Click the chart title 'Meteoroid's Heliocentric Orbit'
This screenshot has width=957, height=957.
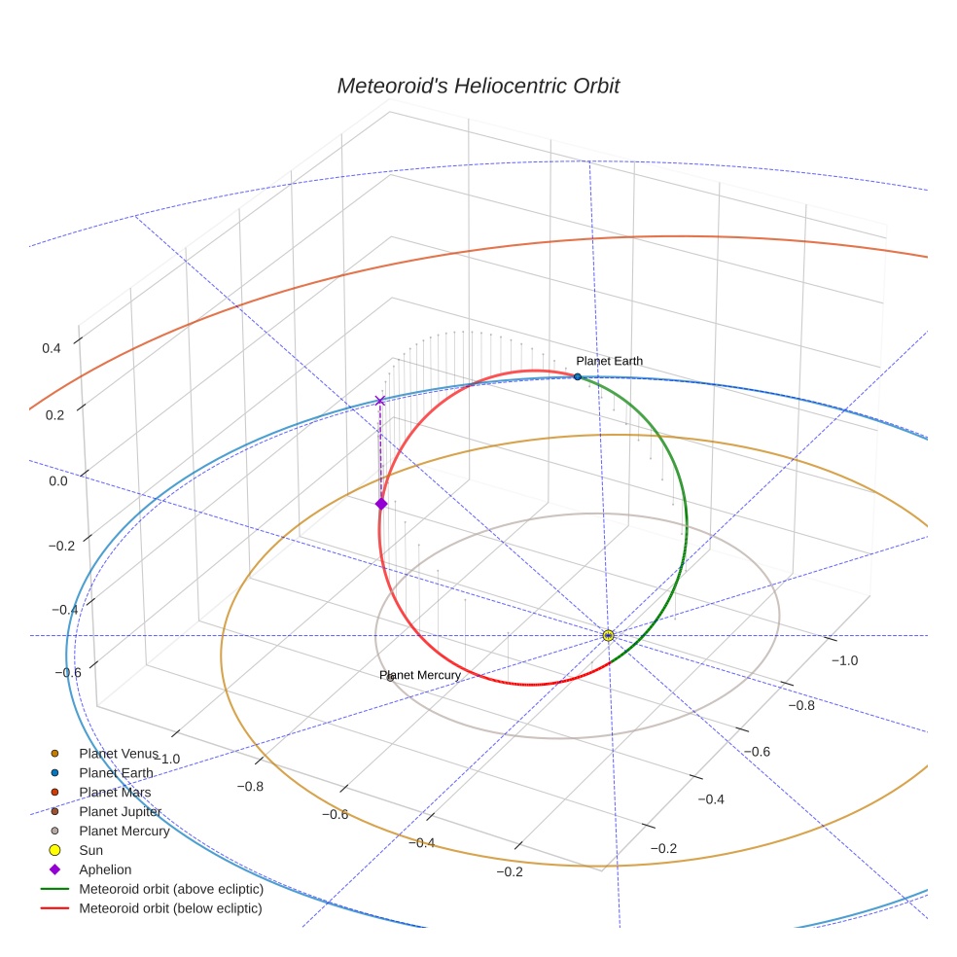pyautogui.click(x=478, y=87)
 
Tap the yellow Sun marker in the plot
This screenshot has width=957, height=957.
pyautogui.click(x=608, y=635)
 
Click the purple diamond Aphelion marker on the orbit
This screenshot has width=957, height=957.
pyautogui.click(x=381, y=503)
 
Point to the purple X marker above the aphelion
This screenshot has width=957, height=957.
pyautogui.click(x=379, y=401)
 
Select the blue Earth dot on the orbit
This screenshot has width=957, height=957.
pyautogui.click(x=578, y=376)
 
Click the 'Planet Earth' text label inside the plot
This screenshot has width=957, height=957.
pyautogui.click(x=609, y=362)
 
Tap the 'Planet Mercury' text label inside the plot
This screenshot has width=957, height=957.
pyautogui.click(x=420, y=675)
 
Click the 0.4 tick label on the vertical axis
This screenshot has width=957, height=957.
pyautogui.click(x=52, y=348)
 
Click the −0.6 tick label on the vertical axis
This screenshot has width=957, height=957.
pyautogui.click(x=67, y=673)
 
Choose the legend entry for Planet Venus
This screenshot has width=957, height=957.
pyautogui.click(x=118, y=754)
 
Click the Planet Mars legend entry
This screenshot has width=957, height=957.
pyautogui.click(x=115, y=793)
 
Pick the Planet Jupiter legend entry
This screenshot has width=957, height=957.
pyautogui.click(x=120, y=812)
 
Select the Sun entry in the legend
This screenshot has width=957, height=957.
pyautogui.click(x=90, y=850)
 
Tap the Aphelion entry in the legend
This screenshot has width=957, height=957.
pyautogui.click(x=105, y=869)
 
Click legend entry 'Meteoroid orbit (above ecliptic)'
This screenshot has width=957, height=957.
pyautogui.click(x=171, y=889)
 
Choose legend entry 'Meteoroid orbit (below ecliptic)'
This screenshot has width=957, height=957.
pyautogui.click(x=170, y=908)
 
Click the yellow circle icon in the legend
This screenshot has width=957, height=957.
pyautogui.click(x=54, y=850)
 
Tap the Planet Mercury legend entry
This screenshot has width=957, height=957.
pyautogui.click(x=124, y=832)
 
